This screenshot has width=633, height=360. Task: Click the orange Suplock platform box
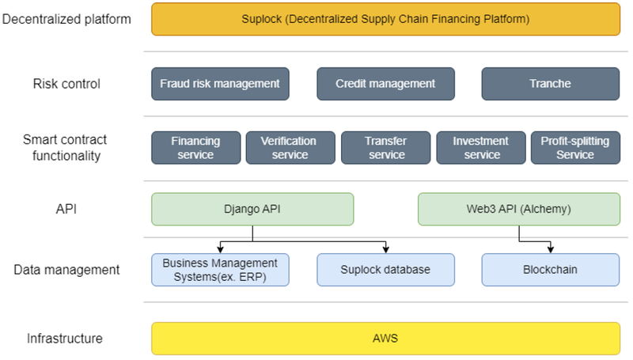[x=385, y=18]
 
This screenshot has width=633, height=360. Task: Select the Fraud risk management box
[x=219, y=84]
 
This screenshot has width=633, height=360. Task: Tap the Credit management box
[x=385, y=84]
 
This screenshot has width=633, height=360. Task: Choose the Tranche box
[x=551, y=84]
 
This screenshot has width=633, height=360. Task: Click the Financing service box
[x=195, y=148]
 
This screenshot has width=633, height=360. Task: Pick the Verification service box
[x=290, y=148]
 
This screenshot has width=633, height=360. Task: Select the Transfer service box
[x=385, y=148]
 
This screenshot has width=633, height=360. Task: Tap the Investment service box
[x=481, y=148]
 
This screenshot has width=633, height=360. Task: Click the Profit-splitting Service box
[x=575, y=148]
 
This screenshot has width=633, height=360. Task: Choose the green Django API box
[x=252, y=209]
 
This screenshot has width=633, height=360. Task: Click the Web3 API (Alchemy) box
[x=519, y=209]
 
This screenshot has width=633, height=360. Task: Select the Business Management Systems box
[x=219, y=270]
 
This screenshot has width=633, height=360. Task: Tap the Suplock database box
[x=385, y=270]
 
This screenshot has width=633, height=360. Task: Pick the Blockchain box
[x=551, y=270]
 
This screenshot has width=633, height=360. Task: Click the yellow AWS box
[x=385, y=338]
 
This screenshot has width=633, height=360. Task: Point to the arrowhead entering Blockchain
[x=551, y=249]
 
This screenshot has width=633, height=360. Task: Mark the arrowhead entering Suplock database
[x=385, y=249]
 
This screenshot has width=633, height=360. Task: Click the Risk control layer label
[x=66, y=84]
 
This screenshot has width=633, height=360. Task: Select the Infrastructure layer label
[x=65, y=338]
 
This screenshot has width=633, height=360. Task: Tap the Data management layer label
[x=66, y=270]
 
